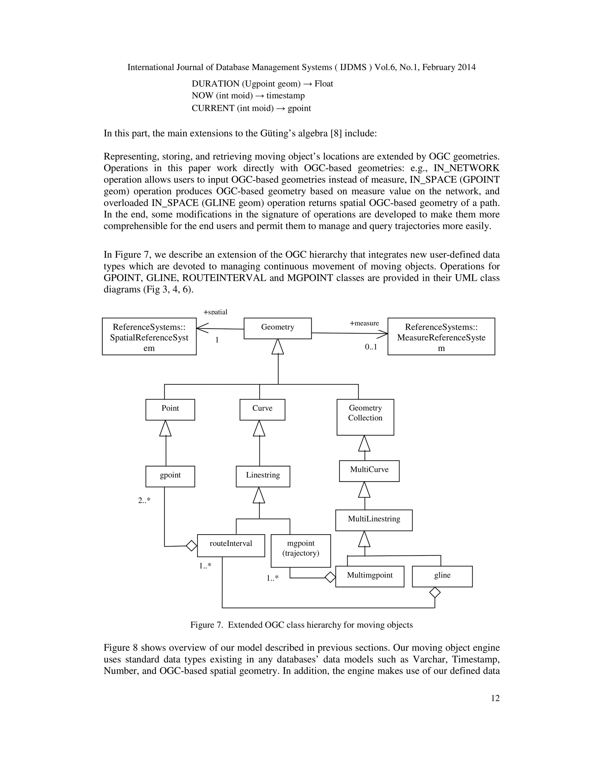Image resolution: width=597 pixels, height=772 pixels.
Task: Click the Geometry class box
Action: (x=278, y=328)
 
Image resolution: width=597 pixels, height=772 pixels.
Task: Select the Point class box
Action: (x=170, y=409)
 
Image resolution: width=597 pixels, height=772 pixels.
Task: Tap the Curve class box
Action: (x=262, y=409)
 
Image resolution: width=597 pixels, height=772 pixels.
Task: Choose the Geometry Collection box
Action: (x=365, y=417)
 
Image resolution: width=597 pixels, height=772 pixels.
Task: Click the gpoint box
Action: (x=170, y=476)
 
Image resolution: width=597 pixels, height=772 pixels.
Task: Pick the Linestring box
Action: (x=263, y=476)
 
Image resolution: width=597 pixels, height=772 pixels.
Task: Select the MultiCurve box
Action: (x=369, y=470)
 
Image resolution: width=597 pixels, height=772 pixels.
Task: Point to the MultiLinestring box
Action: (x=373, y=520)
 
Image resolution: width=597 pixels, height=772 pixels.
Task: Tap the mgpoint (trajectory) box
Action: (x=301, y=550)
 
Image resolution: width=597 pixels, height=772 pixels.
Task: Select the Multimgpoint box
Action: (x=370, y=576)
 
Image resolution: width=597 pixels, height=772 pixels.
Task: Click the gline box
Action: (x=442, y=576)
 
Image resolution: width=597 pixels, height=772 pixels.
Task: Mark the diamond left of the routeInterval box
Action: (x=191, y=545)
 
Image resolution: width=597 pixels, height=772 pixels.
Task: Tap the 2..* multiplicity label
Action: (x=144, y=500)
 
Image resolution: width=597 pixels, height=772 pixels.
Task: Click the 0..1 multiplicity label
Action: (x=371, y=347)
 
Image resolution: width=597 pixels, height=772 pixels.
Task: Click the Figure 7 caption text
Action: (x=301, y=625)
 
